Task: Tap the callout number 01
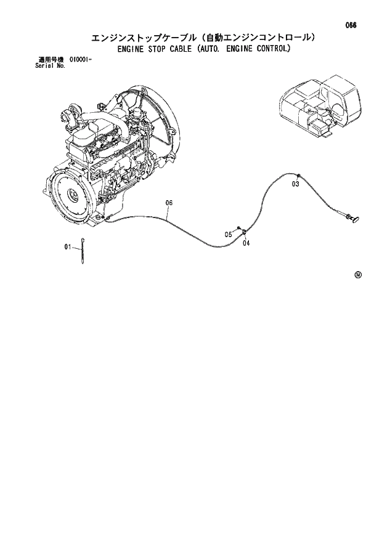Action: tap(68, 247)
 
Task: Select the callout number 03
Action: tap(295, 184)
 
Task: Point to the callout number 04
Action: tap(246, 243)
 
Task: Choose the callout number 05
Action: tap(227, 234)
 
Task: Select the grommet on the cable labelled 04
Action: tap(245, 232)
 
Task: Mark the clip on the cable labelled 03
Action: tap(296, 175)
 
